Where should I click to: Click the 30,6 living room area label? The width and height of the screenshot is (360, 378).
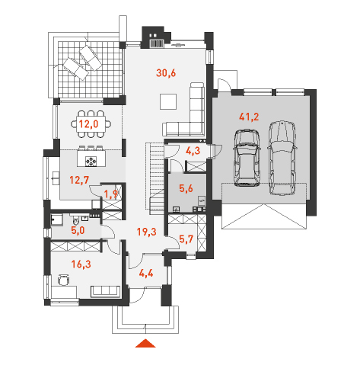pyautogui.click(x=166, y=73)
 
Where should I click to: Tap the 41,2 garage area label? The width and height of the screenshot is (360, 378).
pyautogui.click(x=249, y=117)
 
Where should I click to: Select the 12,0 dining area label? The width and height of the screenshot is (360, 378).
pyautogui.click(x=88, y=124)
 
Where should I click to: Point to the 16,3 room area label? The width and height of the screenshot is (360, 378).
pyautogui.click(x=81, y=264)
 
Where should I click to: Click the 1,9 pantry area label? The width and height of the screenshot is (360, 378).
pyautogui.click(x=111, y=194)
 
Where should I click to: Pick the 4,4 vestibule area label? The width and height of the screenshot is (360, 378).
pyautogui.click(x=146, y=274)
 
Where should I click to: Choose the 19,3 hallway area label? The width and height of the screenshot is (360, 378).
pyautogui.click(x=146, y=232)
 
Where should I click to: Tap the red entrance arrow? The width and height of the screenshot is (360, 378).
pyautogui.click(x=145, y=343)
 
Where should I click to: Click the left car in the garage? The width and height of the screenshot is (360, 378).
pyautogui.click(x=247, y=158)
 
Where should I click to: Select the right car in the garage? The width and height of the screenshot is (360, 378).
pyautogui.click(x=282, y=158)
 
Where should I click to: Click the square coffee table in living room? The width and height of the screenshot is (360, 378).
pyautogui.click(x=168, y=101)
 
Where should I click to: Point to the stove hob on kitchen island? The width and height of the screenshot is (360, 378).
pyautogui.click(x=91, y=162)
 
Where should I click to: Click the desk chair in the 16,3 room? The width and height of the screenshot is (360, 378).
pyautogui.click(x=63, y=280)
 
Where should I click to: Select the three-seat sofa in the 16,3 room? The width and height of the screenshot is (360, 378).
pyautogui.click(x=106, y=291)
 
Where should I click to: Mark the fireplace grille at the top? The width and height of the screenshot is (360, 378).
pyautogui.click(x=156, y=43)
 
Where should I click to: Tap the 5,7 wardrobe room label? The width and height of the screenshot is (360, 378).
pyautogui.click(x=186, y=239)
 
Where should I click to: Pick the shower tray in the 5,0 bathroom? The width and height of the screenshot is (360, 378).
pyautogui.click(x=57, y=220)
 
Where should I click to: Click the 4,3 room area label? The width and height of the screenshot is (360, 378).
pyautogui.click(x=193, y=151)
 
